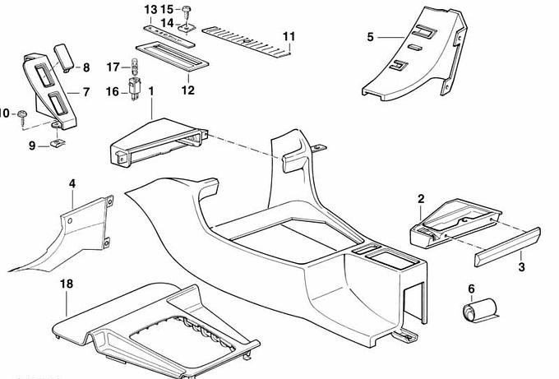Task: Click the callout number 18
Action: coord(67,284)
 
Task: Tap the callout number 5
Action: coord(371,37)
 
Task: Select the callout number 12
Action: coord(188,90)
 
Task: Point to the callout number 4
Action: coord(72,184)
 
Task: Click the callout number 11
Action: coord(289,37)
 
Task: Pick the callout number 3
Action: coord(521,266)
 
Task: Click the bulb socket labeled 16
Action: coord(134,88)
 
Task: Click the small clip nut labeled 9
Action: coord(58,143)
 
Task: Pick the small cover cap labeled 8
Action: coord(64,57)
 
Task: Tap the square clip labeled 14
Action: coord(187,27)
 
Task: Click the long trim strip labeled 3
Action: coord(507,247)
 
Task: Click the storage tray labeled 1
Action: coord(159,142)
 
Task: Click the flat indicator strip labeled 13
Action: coord(169,36)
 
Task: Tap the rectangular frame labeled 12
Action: coord(172,56)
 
